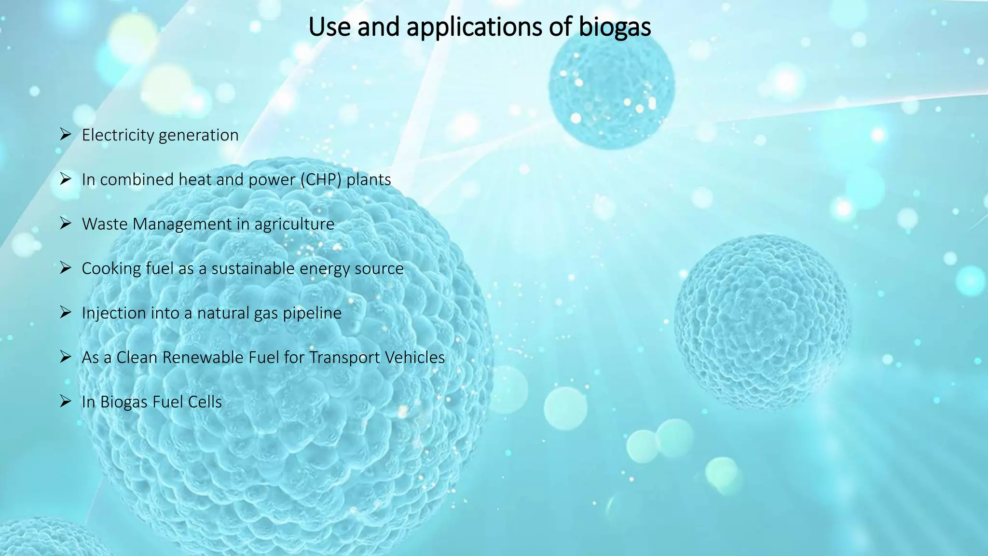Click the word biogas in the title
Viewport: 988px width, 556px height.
point(615,27)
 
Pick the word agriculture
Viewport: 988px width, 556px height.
point(294,224)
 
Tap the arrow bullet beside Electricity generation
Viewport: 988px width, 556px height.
point(66,134)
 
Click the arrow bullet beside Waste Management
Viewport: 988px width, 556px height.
point(66,223)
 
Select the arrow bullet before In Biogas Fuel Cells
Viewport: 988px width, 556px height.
point(66,401)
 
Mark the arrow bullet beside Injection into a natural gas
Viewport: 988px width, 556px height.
point(66,312)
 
